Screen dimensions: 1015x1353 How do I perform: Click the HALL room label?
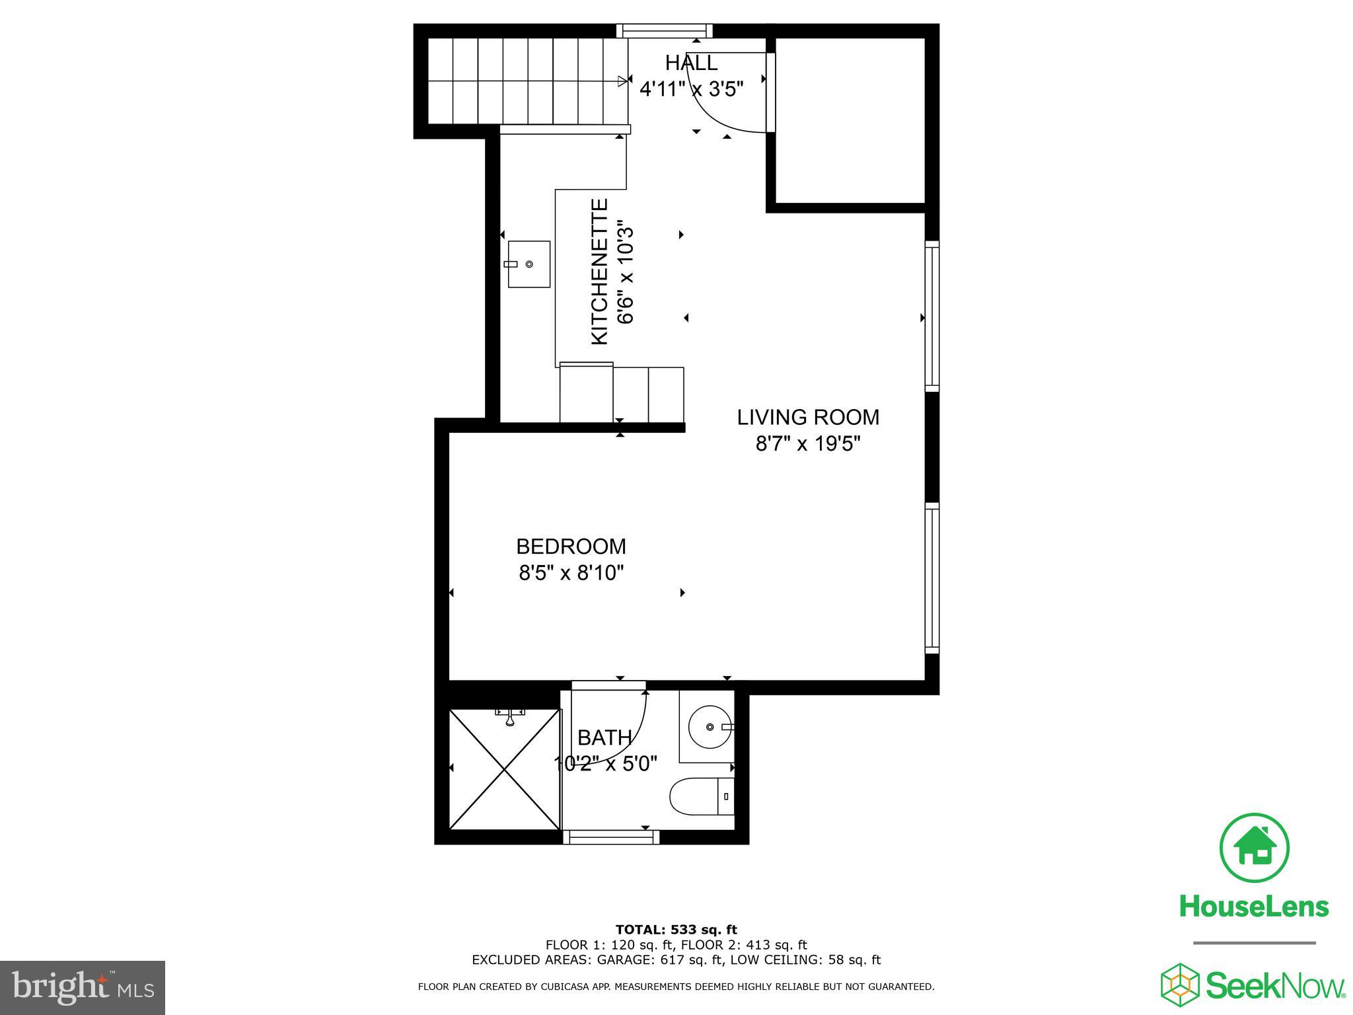[x=691, y=63]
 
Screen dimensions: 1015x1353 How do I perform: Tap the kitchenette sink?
[x=529, y=264]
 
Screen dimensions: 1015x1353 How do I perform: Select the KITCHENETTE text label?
[x=599, y=272]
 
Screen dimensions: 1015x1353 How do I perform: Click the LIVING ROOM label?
[x=808, y=418]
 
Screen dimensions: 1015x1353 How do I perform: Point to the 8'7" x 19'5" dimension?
[x=808, y=443]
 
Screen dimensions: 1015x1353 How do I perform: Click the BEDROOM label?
[x=571, y=546]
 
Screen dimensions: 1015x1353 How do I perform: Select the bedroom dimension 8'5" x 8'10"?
[x=571, y=572]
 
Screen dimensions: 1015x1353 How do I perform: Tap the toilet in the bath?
[x=702, y=797]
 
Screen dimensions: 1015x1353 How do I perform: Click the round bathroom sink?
[x=710, y=727]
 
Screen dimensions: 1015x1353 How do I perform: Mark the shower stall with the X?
[x=505, y=769]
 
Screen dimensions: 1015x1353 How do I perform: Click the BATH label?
[x=604, y=737]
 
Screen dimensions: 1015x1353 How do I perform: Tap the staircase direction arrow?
[x=621, y=81]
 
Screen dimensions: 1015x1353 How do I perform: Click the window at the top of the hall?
[x=665, y=30]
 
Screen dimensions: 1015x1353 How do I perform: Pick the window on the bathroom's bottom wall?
[x=611, y=838]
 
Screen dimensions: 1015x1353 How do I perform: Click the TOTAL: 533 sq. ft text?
[x=676, y=930]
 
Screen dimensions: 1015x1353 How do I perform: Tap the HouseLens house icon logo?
[x=1253, y=848]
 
